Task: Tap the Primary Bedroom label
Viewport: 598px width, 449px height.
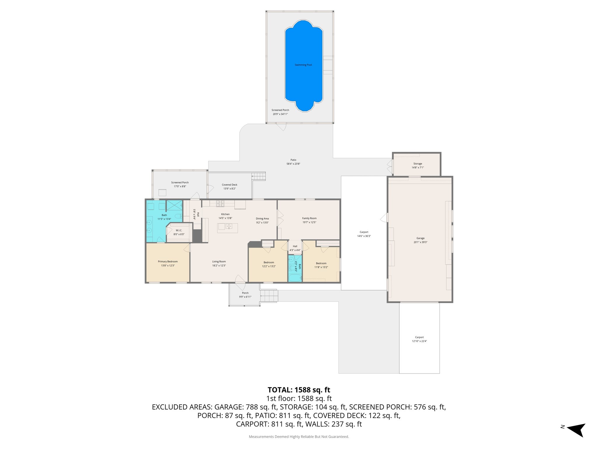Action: pos(168,262)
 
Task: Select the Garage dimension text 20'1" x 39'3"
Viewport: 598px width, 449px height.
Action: pos(420,242)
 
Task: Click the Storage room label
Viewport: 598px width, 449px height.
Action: pos(418,164)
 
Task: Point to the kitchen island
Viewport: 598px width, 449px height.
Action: pos(227,228)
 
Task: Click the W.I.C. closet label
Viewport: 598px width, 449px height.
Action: pos(179,230)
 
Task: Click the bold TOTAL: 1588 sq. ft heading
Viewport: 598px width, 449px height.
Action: pos(299,390)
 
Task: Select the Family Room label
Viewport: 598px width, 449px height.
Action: pos(309,218)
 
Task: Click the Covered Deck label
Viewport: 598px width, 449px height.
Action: pos(230,185)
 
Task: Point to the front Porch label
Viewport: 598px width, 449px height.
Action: pos(245,293)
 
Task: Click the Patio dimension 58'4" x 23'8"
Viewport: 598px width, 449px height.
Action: pos(293,164)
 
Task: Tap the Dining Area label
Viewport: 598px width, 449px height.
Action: pos(262,219)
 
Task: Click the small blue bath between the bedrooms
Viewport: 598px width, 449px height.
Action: pos(295,268)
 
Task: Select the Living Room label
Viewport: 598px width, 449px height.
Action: pos(219,262)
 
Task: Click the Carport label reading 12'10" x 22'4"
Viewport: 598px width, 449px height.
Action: pos(419,341)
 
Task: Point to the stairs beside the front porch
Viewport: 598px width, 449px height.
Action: pos(268,296)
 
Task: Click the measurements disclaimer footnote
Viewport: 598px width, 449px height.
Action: pos(299,437)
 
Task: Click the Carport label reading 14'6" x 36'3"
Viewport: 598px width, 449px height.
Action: pos(364,236)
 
